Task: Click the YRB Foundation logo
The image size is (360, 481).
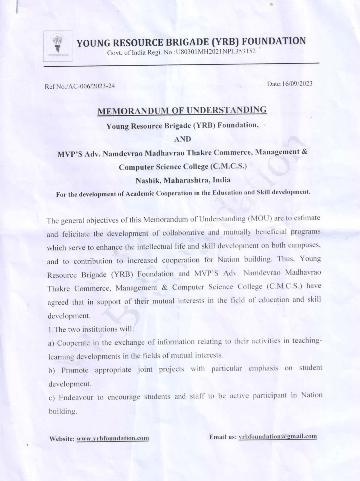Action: (58, 46)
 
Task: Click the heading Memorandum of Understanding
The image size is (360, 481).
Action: (182, 111)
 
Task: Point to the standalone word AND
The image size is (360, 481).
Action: (182, 139)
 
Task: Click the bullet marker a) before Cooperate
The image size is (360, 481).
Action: (51, 344)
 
